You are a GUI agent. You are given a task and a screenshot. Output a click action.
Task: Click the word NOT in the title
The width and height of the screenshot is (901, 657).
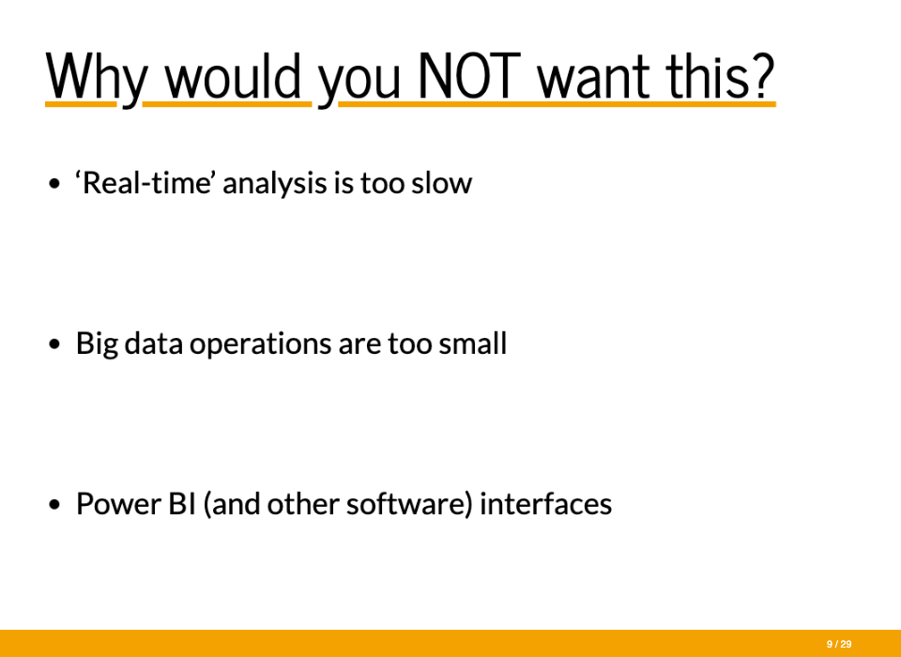click(x=469, y=76)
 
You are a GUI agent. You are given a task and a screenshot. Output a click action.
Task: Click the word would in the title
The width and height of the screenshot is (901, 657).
click(x=234, y=76)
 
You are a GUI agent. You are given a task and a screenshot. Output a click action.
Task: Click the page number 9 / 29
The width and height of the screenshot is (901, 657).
click(x=839, y=645)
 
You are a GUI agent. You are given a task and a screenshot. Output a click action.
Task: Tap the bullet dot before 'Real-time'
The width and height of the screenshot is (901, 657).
click(x=54, y=184)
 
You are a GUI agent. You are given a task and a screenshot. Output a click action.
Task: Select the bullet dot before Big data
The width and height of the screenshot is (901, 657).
click(x=54, y=344)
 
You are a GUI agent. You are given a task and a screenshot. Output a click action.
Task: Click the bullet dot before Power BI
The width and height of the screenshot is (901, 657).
click(x=54, y=505)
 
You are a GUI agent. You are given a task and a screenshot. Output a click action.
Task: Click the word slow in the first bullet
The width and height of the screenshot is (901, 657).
click(x=441, y=183)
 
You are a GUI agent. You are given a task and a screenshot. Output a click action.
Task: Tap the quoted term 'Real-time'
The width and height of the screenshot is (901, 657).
click(x=146, y=183)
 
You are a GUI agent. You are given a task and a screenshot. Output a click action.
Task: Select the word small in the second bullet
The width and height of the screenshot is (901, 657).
click(x=472, y=344)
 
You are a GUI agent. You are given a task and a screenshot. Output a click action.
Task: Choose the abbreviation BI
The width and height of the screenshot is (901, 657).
click(x=182, y=504)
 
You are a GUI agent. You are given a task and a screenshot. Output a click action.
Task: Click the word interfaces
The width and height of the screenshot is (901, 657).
click(x=546, y=504)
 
